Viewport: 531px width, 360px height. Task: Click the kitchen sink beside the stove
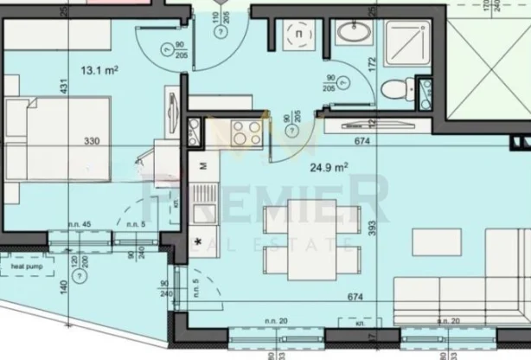(x=197, y=133)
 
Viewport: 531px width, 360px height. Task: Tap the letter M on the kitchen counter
(x=203, y=165)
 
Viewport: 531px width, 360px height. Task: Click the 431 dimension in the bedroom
(x=62, y=87)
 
